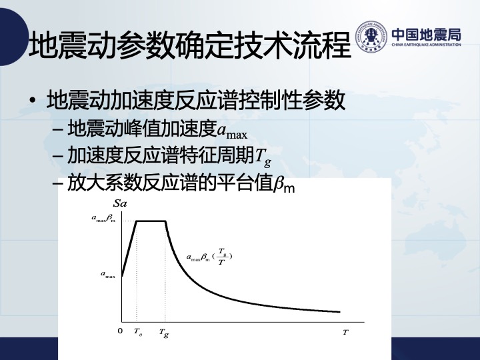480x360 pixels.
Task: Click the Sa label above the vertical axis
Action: point(120,203)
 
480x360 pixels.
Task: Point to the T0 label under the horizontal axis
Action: point(138,332)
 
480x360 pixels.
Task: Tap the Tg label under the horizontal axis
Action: point(164,333)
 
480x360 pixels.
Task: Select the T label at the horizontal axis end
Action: point(345,332)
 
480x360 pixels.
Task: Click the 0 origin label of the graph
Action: point(120,331)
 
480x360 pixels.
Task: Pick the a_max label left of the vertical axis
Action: point(108,274)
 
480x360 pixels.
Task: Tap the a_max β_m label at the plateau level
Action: point(104,218)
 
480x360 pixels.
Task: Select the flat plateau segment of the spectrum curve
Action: point(151,221)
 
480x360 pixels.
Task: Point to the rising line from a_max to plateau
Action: point(129,249)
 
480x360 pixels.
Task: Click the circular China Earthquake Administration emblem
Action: point(371,37)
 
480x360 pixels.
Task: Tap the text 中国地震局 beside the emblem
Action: point(426,34)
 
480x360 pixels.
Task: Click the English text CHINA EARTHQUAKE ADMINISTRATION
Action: point(426,45)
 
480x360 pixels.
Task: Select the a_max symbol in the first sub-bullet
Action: point(232,132)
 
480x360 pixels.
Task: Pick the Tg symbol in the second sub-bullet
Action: point(263,157)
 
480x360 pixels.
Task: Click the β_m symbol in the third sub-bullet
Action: point(284,184)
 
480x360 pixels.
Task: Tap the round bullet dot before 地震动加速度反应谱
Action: point(33,101)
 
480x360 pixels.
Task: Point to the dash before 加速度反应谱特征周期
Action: point(58,156)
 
